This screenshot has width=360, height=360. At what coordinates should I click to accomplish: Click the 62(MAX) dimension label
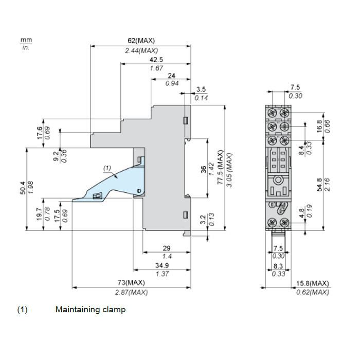(141, 41)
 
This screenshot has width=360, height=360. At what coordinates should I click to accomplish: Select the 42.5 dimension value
(156, 60)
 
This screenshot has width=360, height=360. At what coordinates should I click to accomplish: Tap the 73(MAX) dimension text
(131, 282)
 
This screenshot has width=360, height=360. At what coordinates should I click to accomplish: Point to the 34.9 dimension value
(162, 265)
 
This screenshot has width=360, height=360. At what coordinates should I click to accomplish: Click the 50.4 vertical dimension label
(23, 188)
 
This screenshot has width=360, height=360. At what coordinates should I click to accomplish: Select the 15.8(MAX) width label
(313, 283)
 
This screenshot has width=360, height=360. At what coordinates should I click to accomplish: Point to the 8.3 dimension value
(278, 266)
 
